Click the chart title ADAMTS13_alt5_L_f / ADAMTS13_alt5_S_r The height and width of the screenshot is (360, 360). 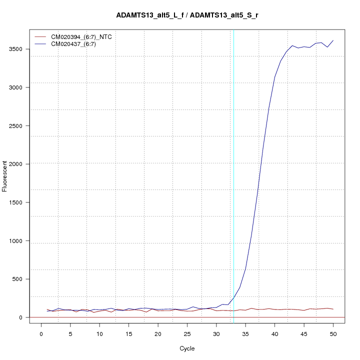tap(187, 15)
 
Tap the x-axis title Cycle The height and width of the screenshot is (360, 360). tap(187, 348)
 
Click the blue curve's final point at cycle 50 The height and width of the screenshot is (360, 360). tap(333, 40)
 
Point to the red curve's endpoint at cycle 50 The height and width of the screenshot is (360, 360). tap(333, 309)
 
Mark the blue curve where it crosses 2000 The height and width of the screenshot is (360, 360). tap(261, 164)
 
